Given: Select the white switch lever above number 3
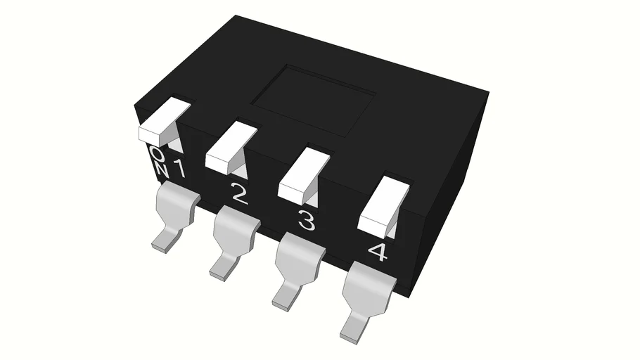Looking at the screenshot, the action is pyautogui.click(x=303, y=174).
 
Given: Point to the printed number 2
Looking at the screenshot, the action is pyautogui.click(x=240, y=194).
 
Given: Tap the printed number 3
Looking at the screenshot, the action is pyautogui.click(x=307, y=220).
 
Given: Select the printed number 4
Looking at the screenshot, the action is pyautogui.click(x=378, y=252).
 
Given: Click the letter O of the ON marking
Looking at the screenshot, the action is pyautogui.click(x=157, y=154).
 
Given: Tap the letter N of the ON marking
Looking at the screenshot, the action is pyautogui.click(x=162, y=170).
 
